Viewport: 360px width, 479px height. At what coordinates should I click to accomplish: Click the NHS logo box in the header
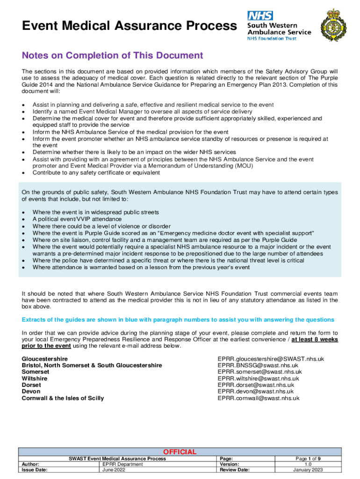(260, 15)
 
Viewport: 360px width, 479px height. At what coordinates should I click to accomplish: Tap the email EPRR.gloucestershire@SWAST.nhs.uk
(271, 359)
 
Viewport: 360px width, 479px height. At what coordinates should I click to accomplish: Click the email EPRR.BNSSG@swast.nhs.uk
(258, 365)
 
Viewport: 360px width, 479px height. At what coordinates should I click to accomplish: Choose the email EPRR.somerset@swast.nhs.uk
(259, 372)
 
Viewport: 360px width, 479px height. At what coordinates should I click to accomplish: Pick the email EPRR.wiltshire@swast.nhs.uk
(258, 378)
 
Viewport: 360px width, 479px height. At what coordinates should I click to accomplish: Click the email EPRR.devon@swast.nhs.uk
(256, 392)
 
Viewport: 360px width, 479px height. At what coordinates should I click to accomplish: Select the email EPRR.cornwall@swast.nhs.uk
(259, 398)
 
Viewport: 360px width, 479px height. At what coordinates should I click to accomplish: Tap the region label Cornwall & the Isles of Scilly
(63, 398)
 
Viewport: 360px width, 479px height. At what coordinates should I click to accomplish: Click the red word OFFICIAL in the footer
(180, 451)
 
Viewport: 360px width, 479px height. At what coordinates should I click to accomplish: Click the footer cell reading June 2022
(115, 470)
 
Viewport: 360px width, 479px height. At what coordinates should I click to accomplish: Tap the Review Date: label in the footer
(234, 470)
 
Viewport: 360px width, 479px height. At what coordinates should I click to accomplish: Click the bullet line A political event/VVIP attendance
(77, 219)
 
